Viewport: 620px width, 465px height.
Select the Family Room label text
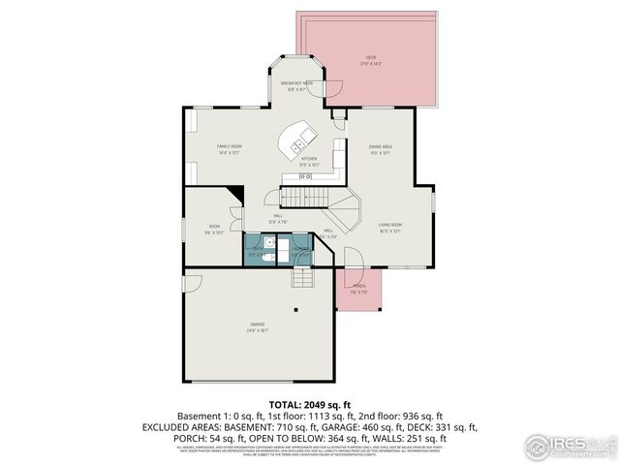coord(229,148)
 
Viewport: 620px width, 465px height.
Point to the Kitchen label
coord(309,161)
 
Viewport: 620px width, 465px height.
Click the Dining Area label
coord(379,149)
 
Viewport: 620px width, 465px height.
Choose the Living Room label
coord(390,228)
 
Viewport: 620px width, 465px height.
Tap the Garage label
coord(257,327)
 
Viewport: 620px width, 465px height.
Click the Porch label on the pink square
coord(358,289)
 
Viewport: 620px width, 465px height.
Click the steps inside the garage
coord(303,278)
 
